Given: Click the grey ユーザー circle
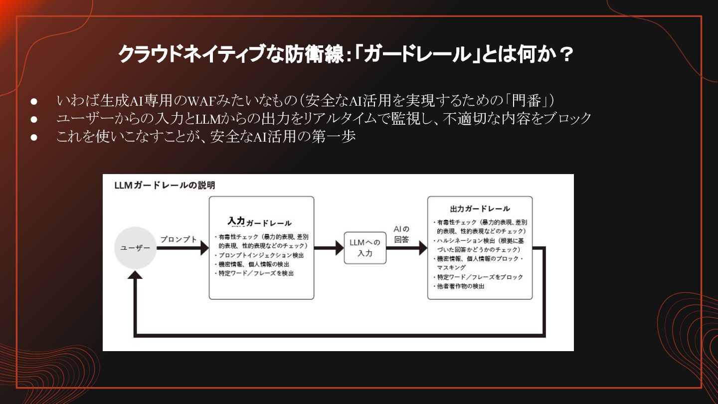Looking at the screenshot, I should coord(135,248).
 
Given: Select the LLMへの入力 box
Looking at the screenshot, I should coord(365,248).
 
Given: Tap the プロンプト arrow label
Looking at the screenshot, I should coord(179,239).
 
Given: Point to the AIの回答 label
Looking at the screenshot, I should coord(401,234).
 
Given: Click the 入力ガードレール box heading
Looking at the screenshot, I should coord(260,222).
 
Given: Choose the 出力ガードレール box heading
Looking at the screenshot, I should coord(480,208).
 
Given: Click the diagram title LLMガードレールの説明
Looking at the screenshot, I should coord(165,186).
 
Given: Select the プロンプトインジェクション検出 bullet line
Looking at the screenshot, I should coord(261,255).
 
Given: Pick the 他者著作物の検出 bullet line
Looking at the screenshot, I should coord(460,286).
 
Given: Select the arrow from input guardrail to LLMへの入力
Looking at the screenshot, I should coord(329,248).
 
